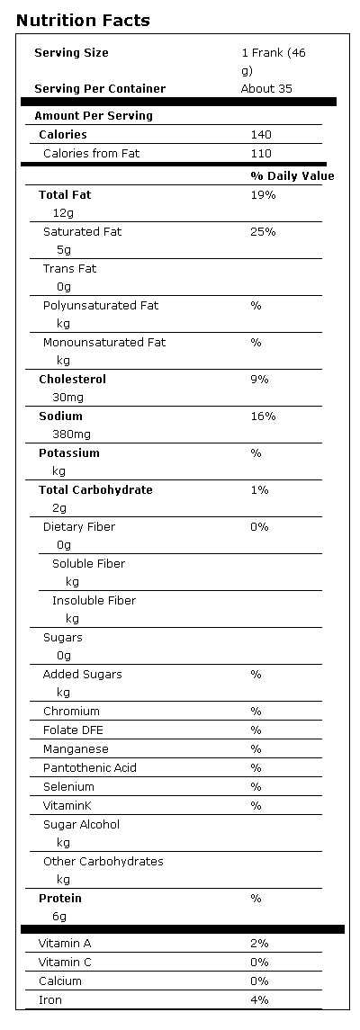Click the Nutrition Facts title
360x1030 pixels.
tap(83, 21)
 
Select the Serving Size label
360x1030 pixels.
tap(71, 53)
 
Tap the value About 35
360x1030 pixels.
tap(267, 89)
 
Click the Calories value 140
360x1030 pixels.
tap(260, 135)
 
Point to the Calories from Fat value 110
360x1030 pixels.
tap(260, 154)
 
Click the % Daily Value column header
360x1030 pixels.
tap(292, 176)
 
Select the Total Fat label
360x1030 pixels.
tap(65, 195)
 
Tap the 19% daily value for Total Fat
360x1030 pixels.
tap(262, 195)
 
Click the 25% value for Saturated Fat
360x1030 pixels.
tap(263, 232)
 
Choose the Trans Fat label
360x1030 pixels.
tap(69, 269)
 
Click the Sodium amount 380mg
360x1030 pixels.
tap(72, 434)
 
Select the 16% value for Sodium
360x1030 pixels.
tap(263, 416)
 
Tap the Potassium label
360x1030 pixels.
tap(69, 453)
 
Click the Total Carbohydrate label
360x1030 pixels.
tap(95, 490)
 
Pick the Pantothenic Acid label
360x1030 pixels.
tap(89, 768)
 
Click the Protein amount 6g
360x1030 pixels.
tap(59, 917)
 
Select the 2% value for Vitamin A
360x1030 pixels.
tap(259, 944)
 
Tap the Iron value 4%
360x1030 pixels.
tap(259, 999)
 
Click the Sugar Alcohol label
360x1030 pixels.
tap(81, 825)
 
